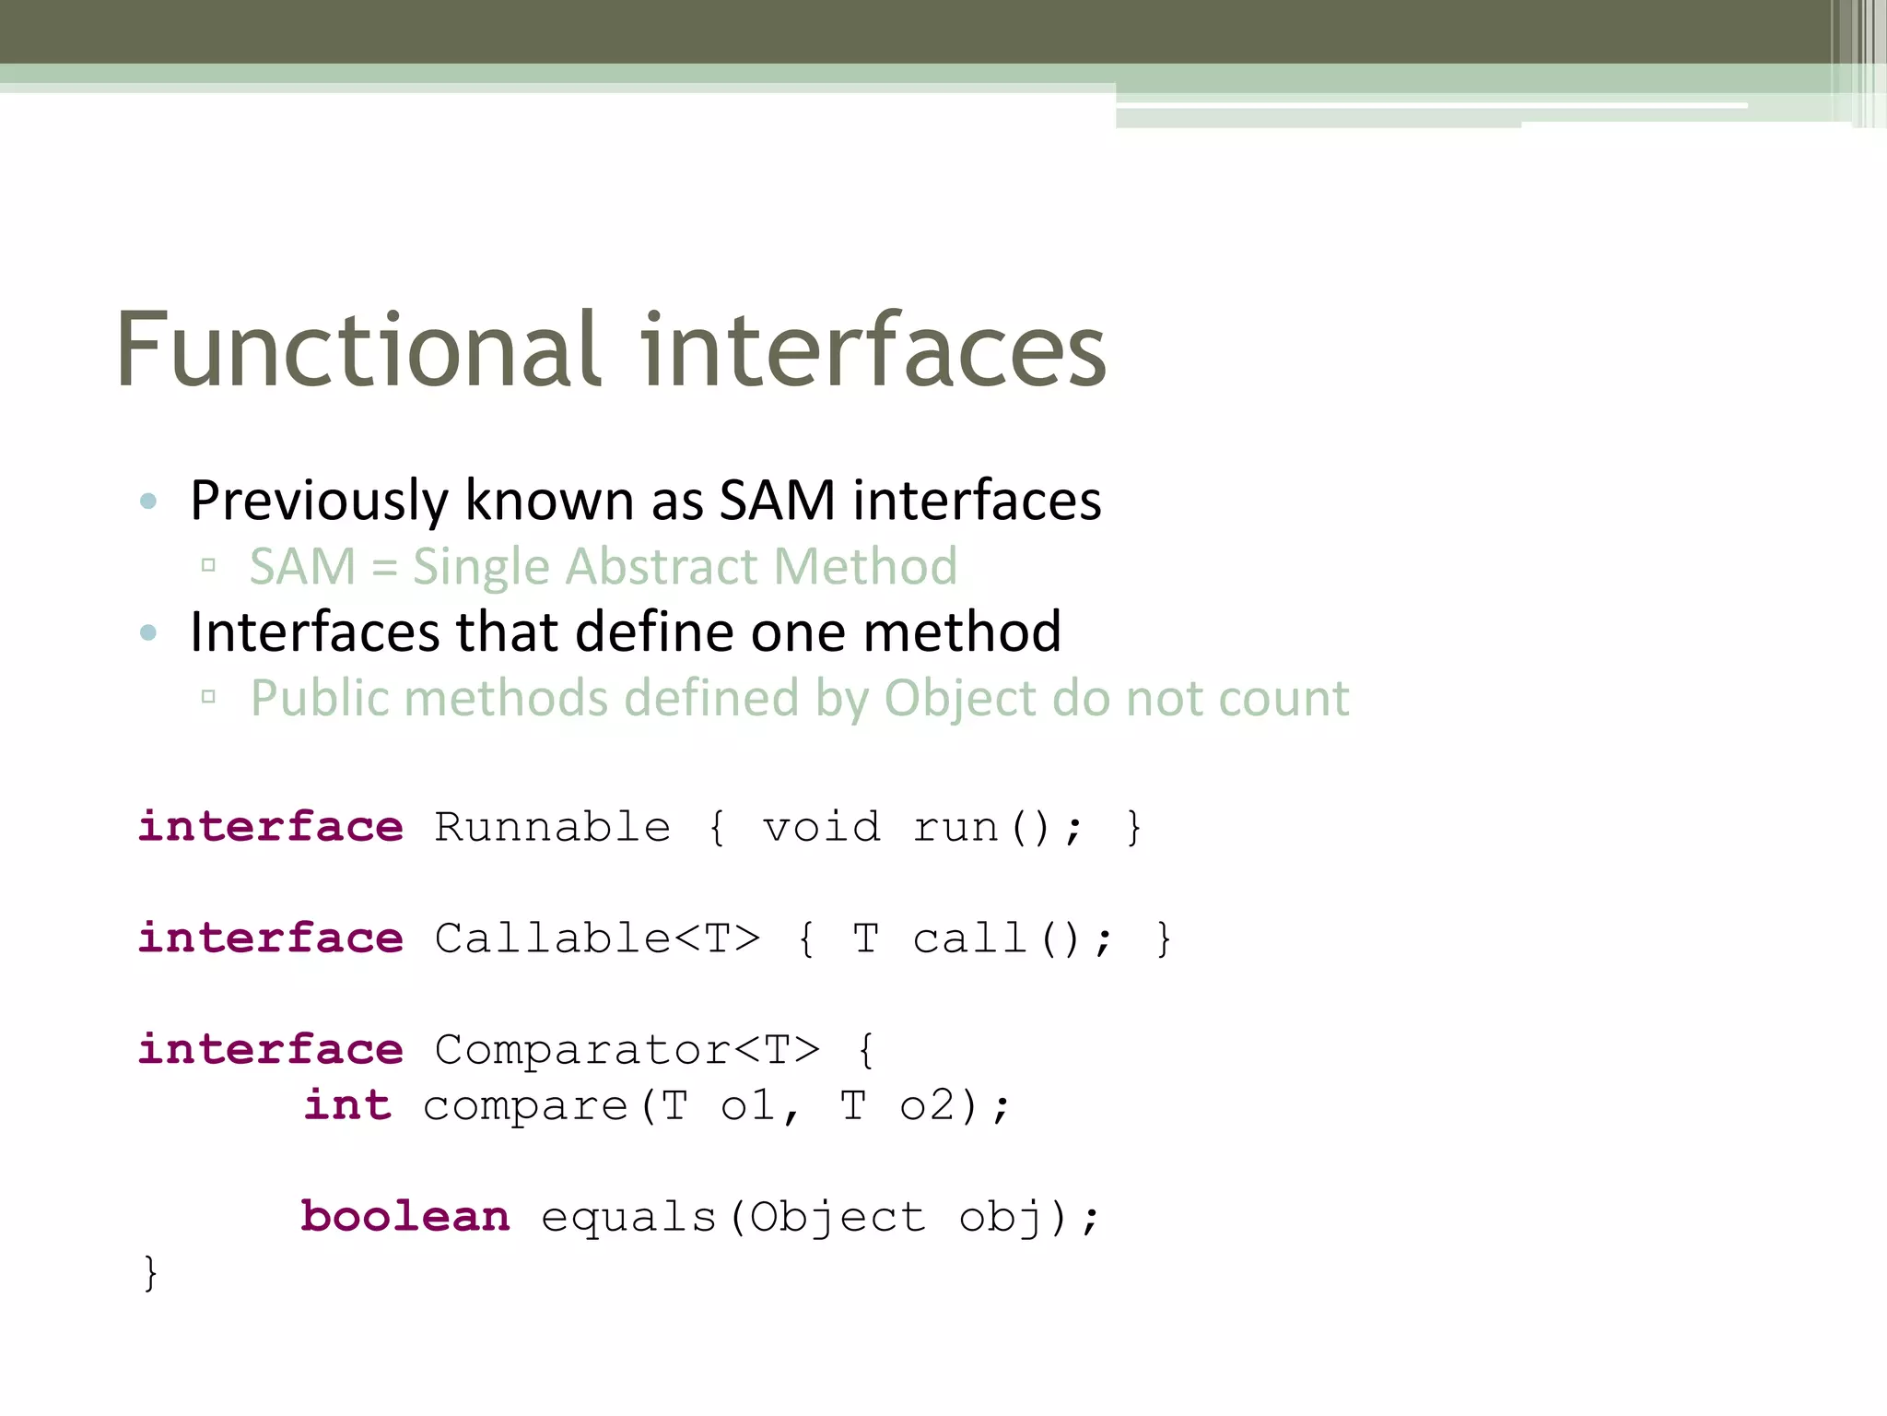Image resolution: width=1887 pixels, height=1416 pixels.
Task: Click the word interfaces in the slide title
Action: point(873,350)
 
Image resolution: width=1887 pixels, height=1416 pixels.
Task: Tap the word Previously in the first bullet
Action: point(319,501)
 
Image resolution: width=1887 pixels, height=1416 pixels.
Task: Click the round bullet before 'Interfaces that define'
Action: point(148,632)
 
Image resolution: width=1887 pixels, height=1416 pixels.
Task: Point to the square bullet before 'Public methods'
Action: point(208,697)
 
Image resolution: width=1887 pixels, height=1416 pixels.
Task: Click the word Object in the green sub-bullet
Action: point(960,699)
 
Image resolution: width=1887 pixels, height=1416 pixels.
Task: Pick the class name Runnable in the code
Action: point(552,827)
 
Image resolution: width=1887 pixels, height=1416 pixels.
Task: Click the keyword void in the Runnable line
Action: point(821,827)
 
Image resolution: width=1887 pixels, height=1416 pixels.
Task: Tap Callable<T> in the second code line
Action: point(597,938)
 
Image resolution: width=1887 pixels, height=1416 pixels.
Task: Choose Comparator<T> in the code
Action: point(627,1050)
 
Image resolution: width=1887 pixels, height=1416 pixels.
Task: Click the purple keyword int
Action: point(347,1105)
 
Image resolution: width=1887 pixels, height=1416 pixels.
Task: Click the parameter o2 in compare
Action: point(927,1106)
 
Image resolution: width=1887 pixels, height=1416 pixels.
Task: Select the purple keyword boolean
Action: point(405,1217)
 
